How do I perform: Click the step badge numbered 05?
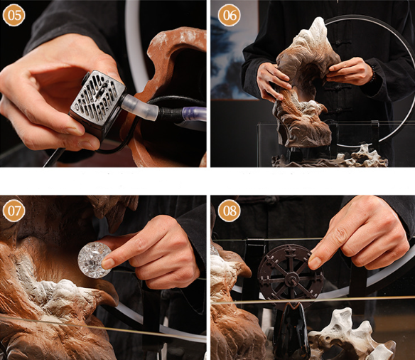14,15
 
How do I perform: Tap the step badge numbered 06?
230,15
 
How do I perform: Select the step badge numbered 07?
14,211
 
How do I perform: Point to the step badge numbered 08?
230,211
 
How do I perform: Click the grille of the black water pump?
97,98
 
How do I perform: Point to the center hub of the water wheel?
291,279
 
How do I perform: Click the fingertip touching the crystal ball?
108,263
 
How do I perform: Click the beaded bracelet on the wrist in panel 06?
374,73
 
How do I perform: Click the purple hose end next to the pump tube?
195,115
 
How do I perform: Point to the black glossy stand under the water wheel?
291,331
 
